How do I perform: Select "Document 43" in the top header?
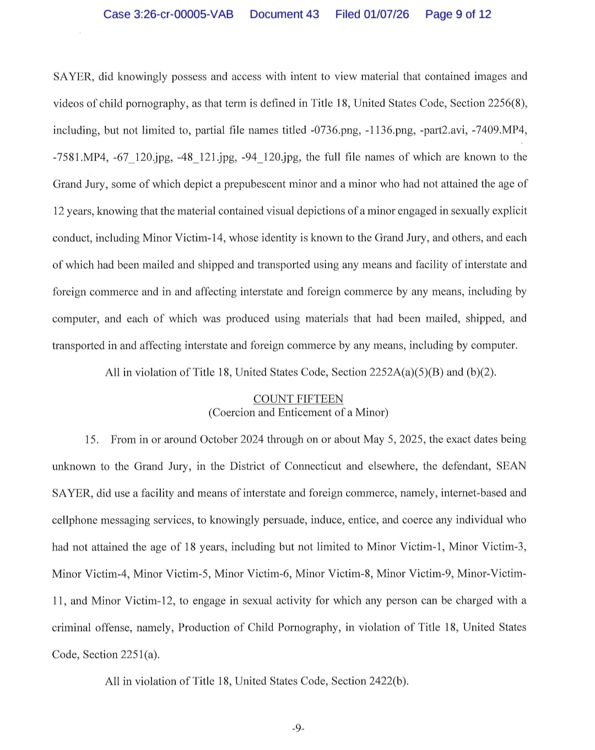click(x=284, y=14)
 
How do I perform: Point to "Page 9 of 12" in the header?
click(x=458, y=14)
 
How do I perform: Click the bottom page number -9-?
click(x=297, y=728)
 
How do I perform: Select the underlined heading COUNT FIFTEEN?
click(x=298, y=398)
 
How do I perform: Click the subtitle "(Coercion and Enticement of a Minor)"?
click(x=298, y=412)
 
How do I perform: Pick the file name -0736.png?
click(x=334, y=130)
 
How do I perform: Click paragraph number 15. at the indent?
click(x=92, y=439)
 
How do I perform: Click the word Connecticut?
click(x=313, y=466)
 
